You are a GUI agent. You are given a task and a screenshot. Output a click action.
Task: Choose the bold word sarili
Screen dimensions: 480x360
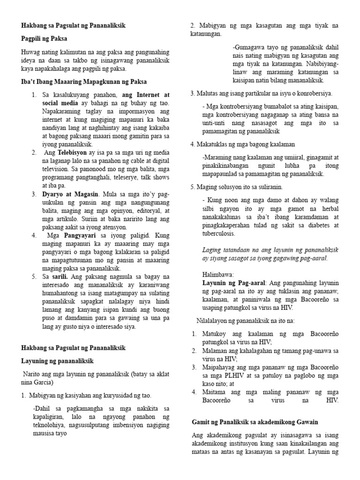(x=60, y=277)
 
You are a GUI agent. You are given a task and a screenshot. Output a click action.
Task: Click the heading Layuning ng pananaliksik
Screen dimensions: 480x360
(x=58, y=361)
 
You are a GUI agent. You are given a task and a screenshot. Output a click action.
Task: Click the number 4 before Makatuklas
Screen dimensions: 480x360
(x=192, y=144)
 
